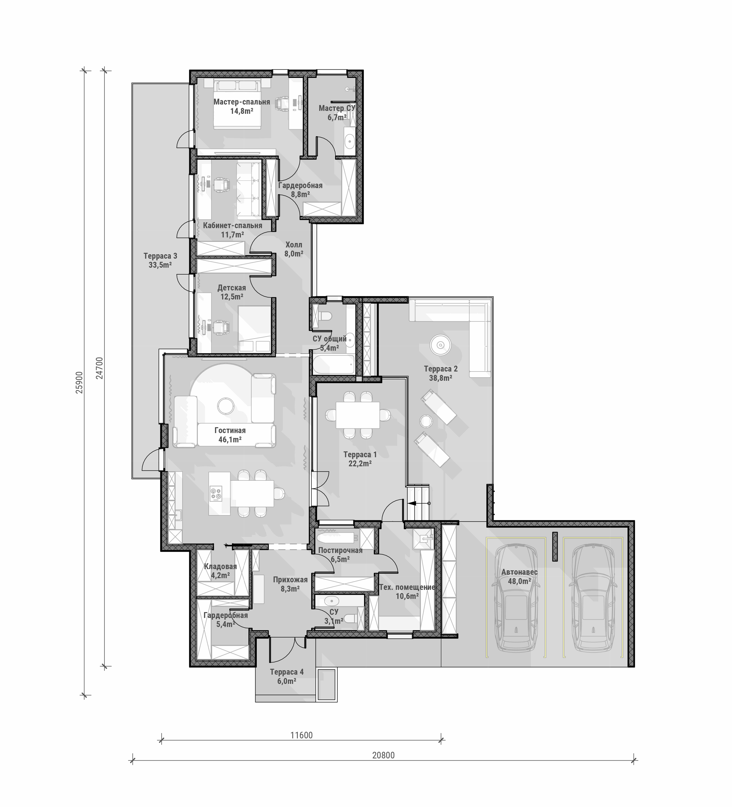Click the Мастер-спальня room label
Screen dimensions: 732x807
tap(242, 102)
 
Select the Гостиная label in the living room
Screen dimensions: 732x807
tap(230, 431)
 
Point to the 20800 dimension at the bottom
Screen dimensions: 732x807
tap(383, 755)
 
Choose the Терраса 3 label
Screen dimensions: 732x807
tap(160, 256)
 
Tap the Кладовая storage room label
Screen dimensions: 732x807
tap(220, 566)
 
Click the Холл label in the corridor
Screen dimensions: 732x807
tap(294, 244)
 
